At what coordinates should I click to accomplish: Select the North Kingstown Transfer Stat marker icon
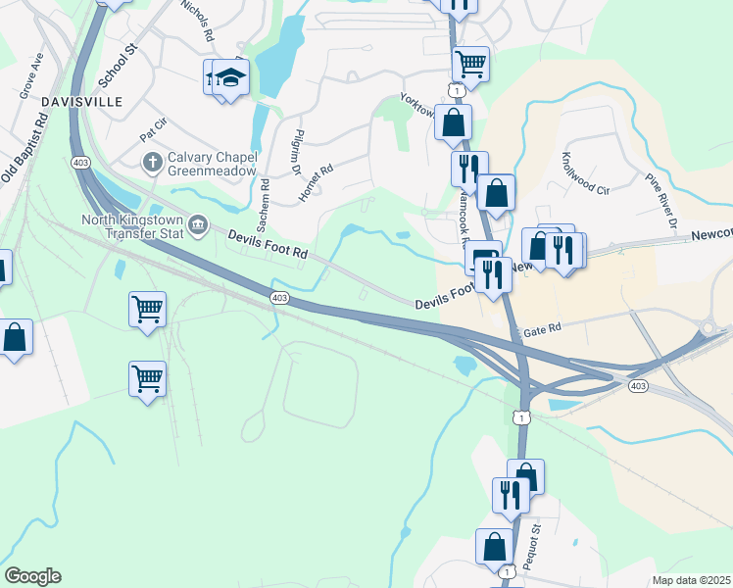[198, 226]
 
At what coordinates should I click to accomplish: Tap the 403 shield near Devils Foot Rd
[279, 297]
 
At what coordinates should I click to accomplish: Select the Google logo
[32, 576]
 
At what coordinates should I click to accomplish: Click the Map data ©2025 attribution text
[691, 580]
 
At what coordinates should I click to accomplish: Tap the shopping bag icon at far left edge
[15, 338]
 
